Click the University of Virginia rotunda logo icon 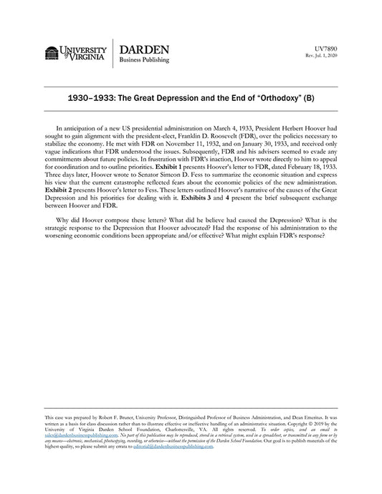click(52, 54)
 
